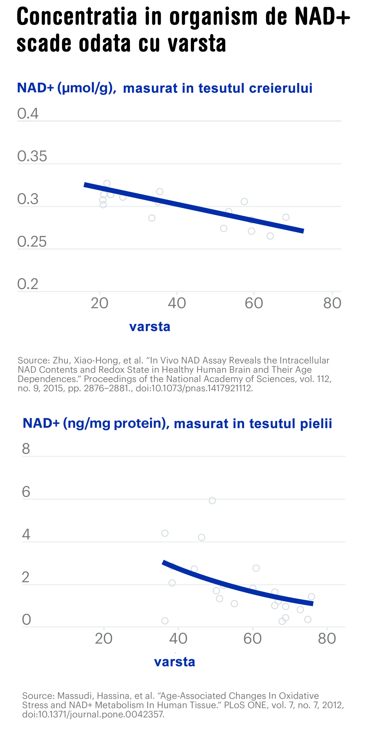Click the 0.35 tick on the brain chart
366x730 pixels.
point(32,156)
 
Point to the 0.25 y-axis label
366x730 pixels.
point(32,242)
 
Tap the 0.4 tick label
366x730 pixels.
point(28,113)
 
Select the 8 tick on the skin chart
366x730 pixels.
point(26,449)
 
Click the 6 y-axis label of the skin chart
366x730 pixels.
point(26,492)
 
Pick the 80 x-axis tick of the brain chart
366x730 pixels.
point(332,303)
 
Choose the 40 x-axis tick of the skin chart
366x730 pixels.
point(178,638)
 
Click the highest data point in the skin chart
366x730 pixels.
point(212,501)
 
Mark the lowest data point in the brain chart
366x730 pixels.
point(270,236)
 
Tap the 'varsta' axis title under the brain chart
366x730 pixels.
point(150,327)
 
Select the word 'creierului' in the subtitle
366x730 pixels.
point(281,88)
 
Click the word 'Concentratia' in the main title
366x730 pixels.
point(77,16)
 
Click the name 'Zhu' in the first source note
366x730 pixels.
point(61,360)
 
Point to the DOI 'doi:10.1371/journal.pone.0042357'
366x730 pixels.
point(93,714)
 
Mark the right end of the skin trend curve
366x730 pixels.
point(313,603)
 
